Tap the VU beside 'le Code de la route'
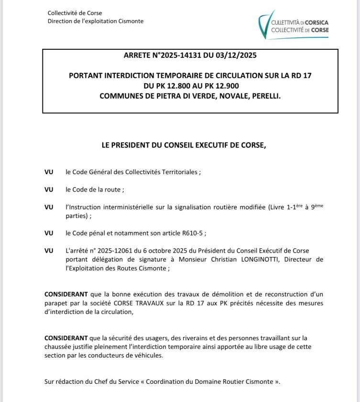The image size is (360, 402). [48, 190]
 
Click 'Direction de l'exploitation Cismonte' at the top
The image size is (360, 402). [95, 21]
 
